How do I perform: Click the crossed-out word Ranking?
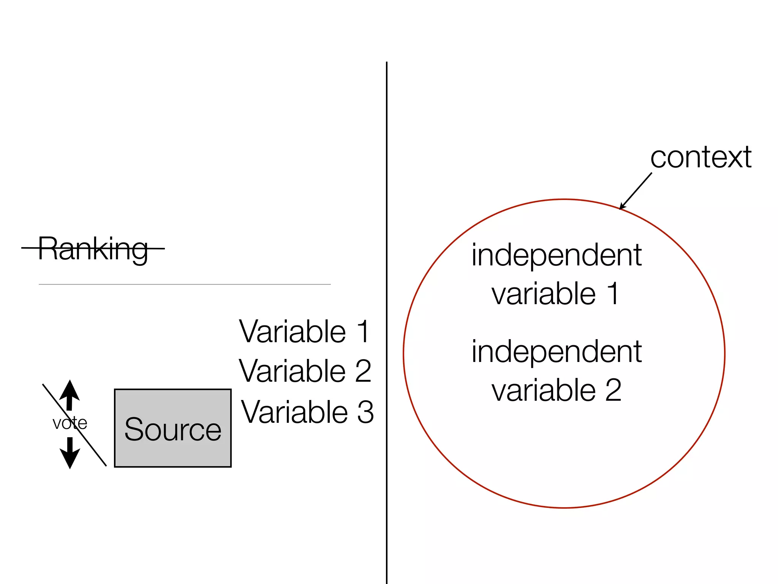coord(93,249)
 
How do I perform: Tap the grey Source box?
coord(173,428)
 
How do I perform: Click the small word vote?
coord(70,423)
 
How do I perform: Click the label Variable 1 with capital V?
coord(304,332)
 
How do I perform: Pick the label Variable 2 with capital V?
coord(305,371)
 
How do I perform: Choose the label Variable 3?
coord(307,412)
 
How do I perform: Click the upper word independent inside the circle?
coord(557,255)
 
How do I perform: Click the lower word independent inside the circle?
coord(557,352)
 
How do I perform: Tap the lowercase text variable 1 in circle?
coord(555,294)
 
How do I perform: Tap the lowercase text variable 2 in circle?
coord(556,390)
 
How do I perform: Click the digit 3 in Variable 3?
coord(365,412)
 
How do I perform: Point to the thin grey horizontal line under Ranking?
coord(185,284)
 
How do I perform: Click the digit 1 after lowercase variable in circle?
coord(613,294)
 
